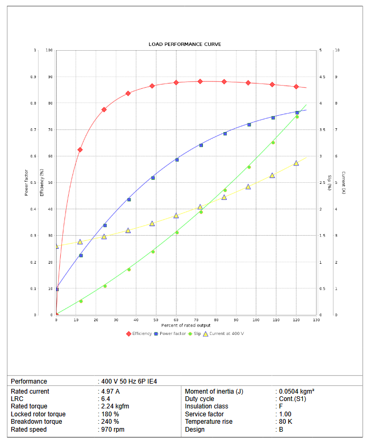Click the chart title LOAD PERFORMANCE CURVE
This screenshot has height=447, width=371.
coord(185,44)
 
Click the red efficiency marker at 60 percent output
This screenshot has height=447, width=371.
coord(176,82)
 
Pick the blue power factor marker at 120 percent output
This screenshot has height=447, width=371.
coord(297,113)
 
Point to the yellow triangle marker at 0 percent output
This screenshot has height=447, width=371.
coord(57,246)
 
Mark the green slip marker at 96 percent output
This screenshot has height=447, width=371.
coord(249,167)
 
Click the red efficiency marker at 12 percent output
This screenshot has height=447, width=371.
coord(80,150)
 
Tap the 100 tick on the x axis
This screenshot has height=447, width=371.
coord(256,320)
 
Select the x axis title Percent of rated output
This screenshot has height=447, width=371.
coord(185,325)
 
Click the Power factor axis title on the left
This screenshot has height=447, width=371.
coord(26,182)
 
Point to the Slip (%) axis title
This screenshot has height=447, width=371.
coord(329,182)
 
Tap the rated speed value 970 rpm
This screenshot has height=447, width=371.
coord(113,430)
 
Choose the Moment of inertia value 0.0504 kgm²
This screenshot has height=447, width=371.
coord(296,392)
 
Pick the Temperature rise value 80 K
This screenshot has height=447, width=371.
coord(286,422)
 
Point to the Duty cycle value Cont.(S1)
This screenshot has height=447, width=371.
coord(292,399)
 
